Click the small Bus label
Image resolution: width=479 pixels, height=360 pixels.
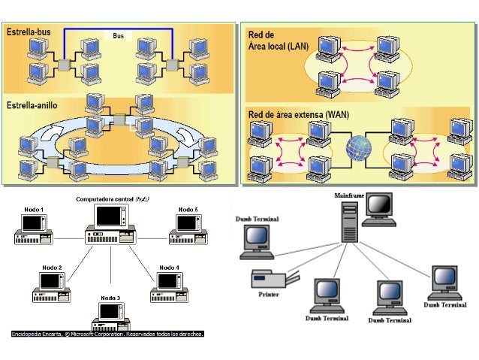click(x=118, y=35)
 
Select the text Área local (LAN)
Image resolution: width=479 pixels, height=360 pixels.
click(x=279, y=46)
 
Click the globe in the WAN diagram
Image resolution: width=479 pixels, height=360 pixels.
click(x=359, y=147)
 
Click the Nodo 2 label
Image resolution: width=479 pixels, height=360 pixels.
click(x=52, y=268)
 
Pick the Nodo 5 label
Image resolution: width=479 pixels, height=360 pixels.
click(x=188, y=209)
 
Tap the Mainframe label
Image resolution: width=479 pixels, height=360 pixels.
click(x=349, y=195)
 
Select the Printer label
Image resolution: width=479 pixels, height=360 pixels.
click(x=268, y=295)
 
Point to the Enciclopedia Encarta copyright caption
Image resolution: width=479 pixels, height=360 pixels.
click(x=107, y=333)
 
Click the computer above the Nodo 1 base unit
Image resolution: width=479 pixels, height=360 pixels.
click(x=32, y=223)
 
